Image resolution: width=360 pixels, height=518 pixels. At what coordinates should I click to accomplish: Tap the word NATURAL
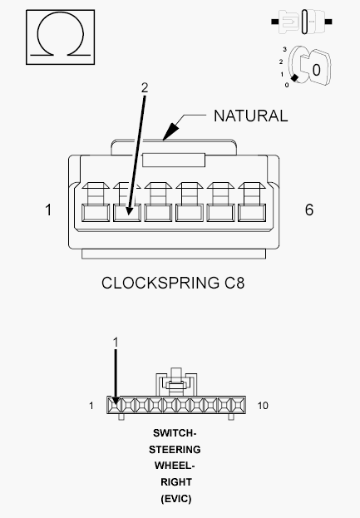(x=251, y=116)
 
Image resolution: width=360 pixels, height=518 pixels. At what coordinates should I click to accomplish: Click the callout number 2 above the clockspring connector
(x=145, y=88)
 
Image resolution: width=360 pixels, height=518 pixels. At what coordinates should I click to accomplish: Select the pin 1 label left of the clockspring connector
(x=48, y=210)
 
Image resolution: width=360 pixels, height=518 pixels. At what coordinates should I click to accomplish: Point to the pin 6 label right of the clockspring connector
(x=309, y=210)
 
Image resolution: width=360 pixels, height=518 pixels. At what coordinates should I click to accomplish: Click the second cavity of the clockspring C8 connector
(x=127, y=212)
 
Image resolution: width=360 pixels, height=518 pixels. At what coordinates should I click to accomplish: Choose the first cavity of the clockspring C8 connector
(x=96, y=212)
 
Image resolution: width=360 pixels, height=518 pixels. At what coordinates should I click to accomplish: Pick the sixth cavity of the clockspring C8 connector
(x=252, y=212)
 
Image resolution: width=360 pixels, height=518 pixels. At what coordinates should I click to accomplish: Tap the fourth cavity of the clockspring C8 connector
(x=190, y=212)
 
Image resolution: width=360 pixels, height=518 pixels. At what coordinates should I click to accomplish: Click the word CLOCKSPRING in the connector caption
(x=160, y=284)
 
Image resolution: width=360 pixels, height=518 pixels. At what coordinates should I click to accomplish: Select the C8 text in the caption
(x=234, y=284)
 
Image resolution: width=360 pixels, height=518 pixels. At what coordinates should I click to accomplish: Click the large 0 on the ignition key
(x=316, y=70)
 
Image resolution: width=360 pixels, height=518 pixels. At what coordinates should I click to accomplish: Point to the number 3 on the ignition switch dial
(x=284, y=50)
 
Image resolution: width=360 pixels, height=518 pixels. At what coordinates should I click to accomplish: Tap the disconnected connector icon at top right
(x=302, y=22)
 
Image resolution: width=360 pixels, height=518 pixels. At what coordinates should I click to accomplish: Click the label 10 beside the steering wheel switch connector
(x=263, y=406)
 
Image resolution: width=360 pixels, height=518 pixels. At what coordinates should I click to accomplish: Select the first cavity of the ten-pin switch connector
(x=115, y=405)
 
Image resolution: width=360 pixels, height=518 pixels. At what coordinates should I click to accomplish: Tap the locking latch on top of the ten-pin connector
(x=176, y=382)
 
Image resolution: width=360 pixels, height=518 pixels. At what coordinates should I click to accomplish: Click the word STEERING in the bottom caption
(x=175, y=450)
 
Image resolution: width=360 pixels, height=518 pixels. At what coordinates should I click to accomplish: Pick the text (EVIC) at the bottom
(x=176, y=499)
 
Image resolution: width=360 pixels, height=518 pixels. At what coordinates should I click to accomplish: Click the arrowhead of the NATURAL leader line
(x=170, y=132)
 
